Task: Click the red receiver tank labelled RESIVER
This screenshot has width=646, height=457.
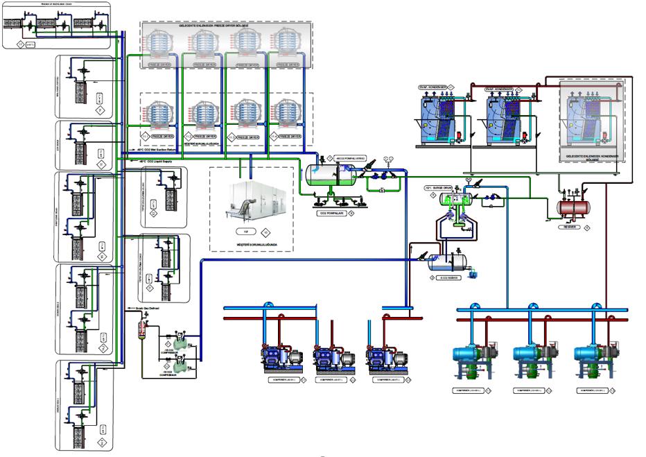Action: tap(573, 207)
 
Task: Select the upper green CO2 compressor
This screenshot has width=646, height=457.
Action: tap(182, 338)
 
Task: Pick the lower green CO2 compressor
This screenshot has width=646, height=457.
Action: tap(182, 360)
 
